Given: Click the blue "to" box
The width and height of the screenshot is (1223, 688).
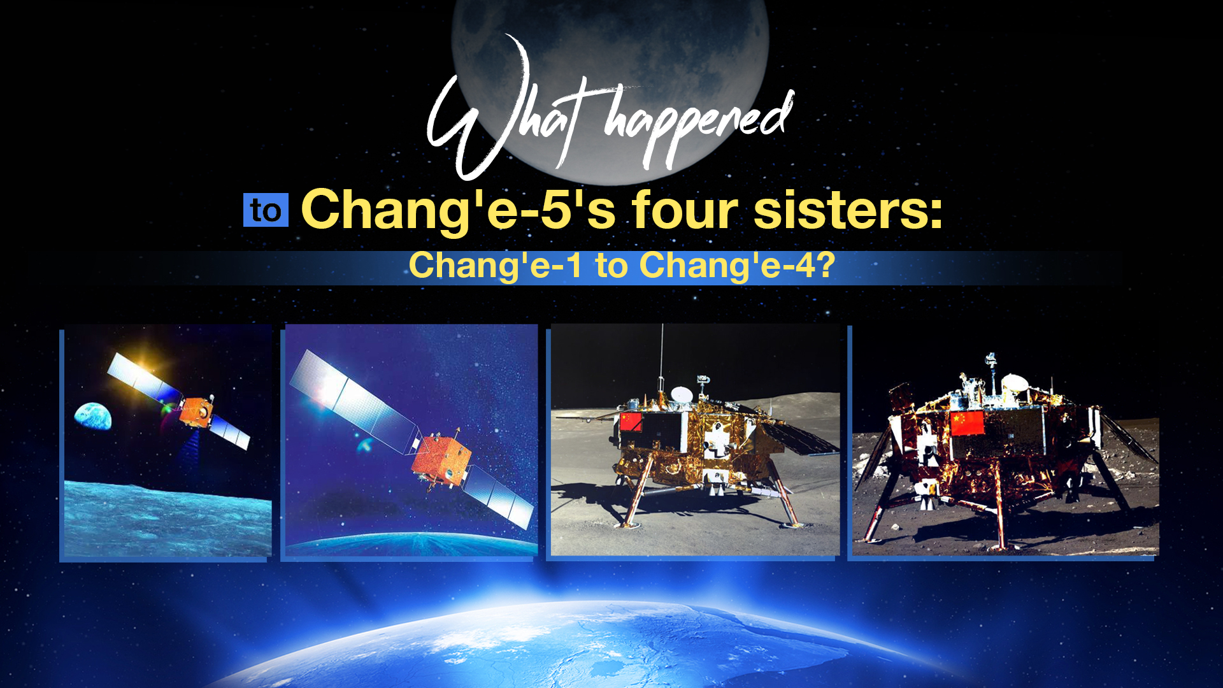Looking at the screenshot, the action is tap(266, 210).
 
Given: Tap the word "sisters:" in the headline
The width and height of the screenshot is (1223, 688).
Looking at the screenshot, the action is tap(848, 210).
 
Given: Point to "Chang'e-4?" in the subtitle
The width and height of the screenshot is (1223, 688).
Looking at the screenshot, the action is tap(737, 266).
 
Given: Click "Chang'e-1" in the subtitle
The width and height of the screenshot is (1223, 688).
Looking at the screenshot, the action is tap(495, 266).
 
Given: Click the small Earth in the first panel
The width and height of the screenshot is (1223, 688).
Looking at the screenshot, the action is tap(93, 415).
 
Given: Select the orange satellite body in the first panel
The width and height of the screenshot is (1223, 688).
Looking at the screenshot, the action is tap(196, 411).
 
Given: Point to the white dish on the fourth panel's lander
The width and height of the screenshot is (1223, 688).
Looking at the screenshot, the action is tap(1014, 383).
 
